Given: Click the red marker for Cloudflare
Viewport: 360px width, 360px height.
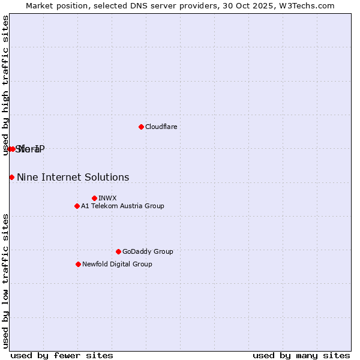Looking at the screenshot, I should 141,127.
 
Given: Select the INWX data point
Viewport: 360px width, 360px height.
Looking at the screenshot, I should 94,198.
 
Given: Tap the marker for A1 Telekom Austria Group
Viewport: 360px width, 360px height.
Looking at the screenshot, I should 77,206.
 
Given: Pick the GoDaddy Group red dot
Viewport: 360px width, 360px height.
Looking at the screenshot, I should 118,251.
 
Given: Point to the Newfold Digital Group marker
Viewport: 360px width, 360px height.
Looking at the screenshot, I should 78,264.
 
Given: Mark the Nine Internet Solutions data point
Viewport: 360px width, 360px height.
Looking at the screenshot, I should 11,177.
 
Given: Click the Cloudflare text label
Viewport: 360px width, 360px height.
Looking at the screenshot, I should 161,127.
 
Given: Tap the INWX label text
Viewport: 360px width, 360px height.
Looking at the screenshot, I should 107,198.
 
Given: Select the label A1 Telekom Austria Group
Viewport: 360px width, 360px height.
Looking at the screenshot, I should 122,206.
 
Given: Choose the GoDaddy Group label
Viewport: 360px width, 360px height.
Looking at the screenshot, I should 148,251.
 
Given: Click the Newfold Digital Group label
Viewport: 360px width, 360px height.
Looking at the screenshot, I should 117,264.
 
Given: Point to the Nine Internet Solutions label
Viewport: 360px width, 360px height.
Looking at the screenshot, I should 73,177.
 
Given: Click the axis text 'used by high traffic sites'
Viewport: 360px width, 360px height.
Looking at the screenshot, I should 5,85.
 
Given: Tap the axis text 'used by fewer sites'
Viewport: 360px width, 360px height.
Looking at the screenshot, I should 62,355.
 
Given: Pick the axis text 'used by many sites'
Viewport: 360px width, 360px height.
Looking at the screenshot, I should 301,355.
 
